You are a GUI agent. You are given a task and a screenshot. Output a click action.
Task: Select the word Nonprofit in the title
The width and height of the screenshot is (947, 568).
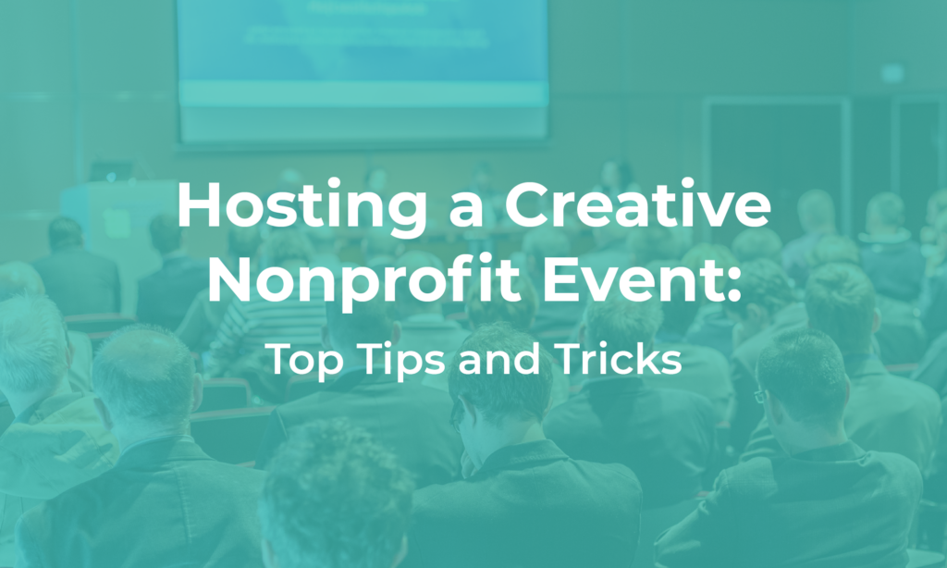click(363, 281)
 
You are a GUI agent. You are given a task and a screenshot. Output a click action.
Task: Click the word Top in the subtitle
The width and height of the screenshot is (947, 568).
click(304, 360)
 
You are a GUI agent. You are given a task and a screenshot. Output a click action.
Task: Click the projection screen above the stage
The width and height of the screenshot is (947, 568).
click(363, 70)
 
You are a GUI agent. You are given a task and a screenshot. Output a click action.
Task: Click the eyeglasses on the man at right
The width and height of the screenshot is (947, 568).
click(760, 396)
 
